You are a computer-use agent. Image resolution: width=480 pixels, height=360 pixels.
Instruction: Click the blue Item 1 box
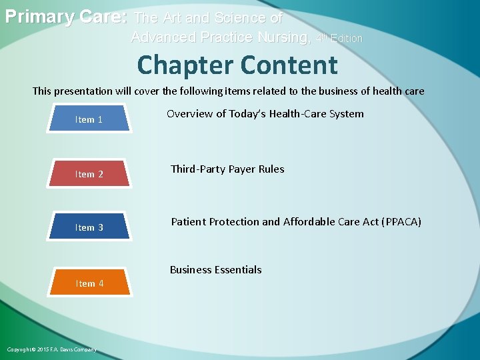coord(89,120)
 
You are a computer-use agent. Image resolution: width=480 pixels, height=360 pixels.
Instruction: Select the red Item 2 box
coord(89,174)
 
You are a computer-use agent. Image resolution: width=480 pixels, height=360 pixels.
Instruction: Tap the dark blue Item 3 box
coord(89,227)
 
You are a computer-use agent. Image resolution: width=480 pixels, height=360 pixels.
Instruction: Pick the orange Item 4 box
coord(89,283)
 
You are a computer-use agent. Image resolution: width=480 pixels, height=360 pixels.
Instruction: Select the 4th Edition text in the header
coord(339,39)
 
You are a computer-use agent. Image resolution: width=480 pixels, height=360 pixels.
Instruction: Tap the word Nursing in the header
coord(281,37)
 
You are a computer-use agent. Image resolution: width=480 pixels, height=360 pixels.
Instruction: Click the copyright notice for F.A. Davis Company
coord(51,349)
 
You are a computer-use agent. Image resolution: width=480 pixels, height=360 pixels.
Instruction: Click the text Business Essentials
coord(215,270)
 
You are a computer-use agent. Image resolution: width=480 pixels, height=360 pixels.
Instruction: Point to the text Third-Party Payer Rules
coord(227,169)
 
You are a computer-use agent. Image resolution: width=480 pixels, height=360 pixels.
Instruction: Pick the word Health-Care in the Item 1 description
coord(296,114)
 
